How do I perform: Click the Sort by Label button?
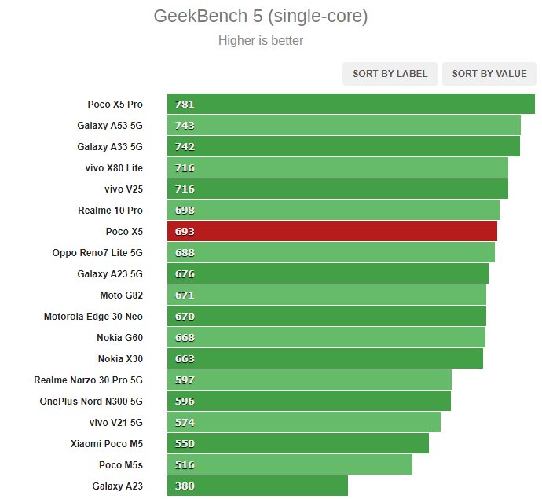coord(390,74)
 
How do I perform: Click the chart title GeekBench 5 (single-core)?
coord(261,16)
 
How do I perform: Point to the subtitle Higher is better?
coord(261,41)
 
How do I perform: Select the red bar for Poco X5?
coord(331,232)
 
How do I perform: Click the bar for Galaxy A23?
coord(257,486)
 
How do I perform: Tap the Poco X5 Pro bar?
coord(350,105)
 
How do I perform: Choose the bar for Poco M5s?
coord(289,465)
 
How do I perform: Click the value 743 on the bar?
coord(185,126)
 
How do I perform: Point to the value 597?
coord(185,380)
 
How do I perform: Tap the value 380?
coord(185,486)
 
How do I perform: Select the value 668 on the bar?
coord(185,338)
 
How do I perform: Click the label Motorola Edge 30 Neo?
coord(93,317)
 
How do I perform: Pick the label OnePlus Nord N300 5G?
coord(91,402)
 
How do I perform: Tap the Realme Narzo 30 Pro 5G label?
coord(88,380)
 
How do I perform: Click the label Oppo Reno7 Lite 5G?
coord(97,253)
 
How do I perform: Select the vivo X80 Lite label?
coord(114,168)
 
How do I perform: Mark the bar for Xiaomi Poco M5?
coord(298,444)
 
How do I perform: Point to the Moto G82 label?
coord(121,295)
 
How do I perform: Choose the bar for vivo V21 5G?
coord(303,423)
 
